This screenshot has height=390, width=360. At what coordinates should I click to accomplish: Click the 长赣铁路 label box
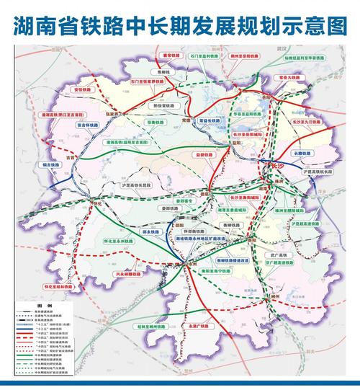[x=301, y=154]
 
